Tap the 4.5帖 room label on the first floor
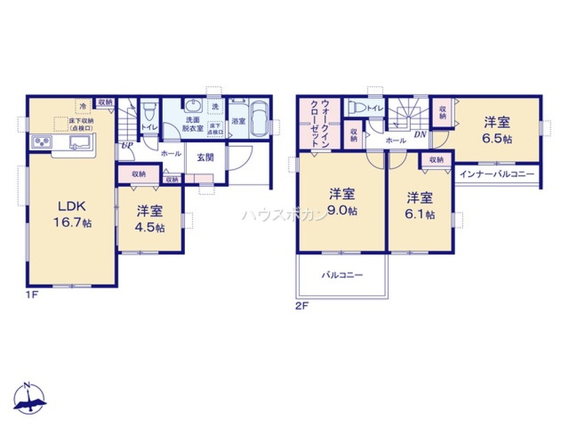tap(150, 219)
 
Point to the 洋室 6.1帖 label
tap(420, 206)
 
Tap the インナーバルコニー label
tap(496, 173)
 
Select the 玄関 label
tap(205, 157)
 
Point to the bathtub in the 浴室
tap(259, 119)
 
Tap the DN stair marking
tap(420, 134)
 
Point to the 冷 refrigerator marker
tap(83, 106)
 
